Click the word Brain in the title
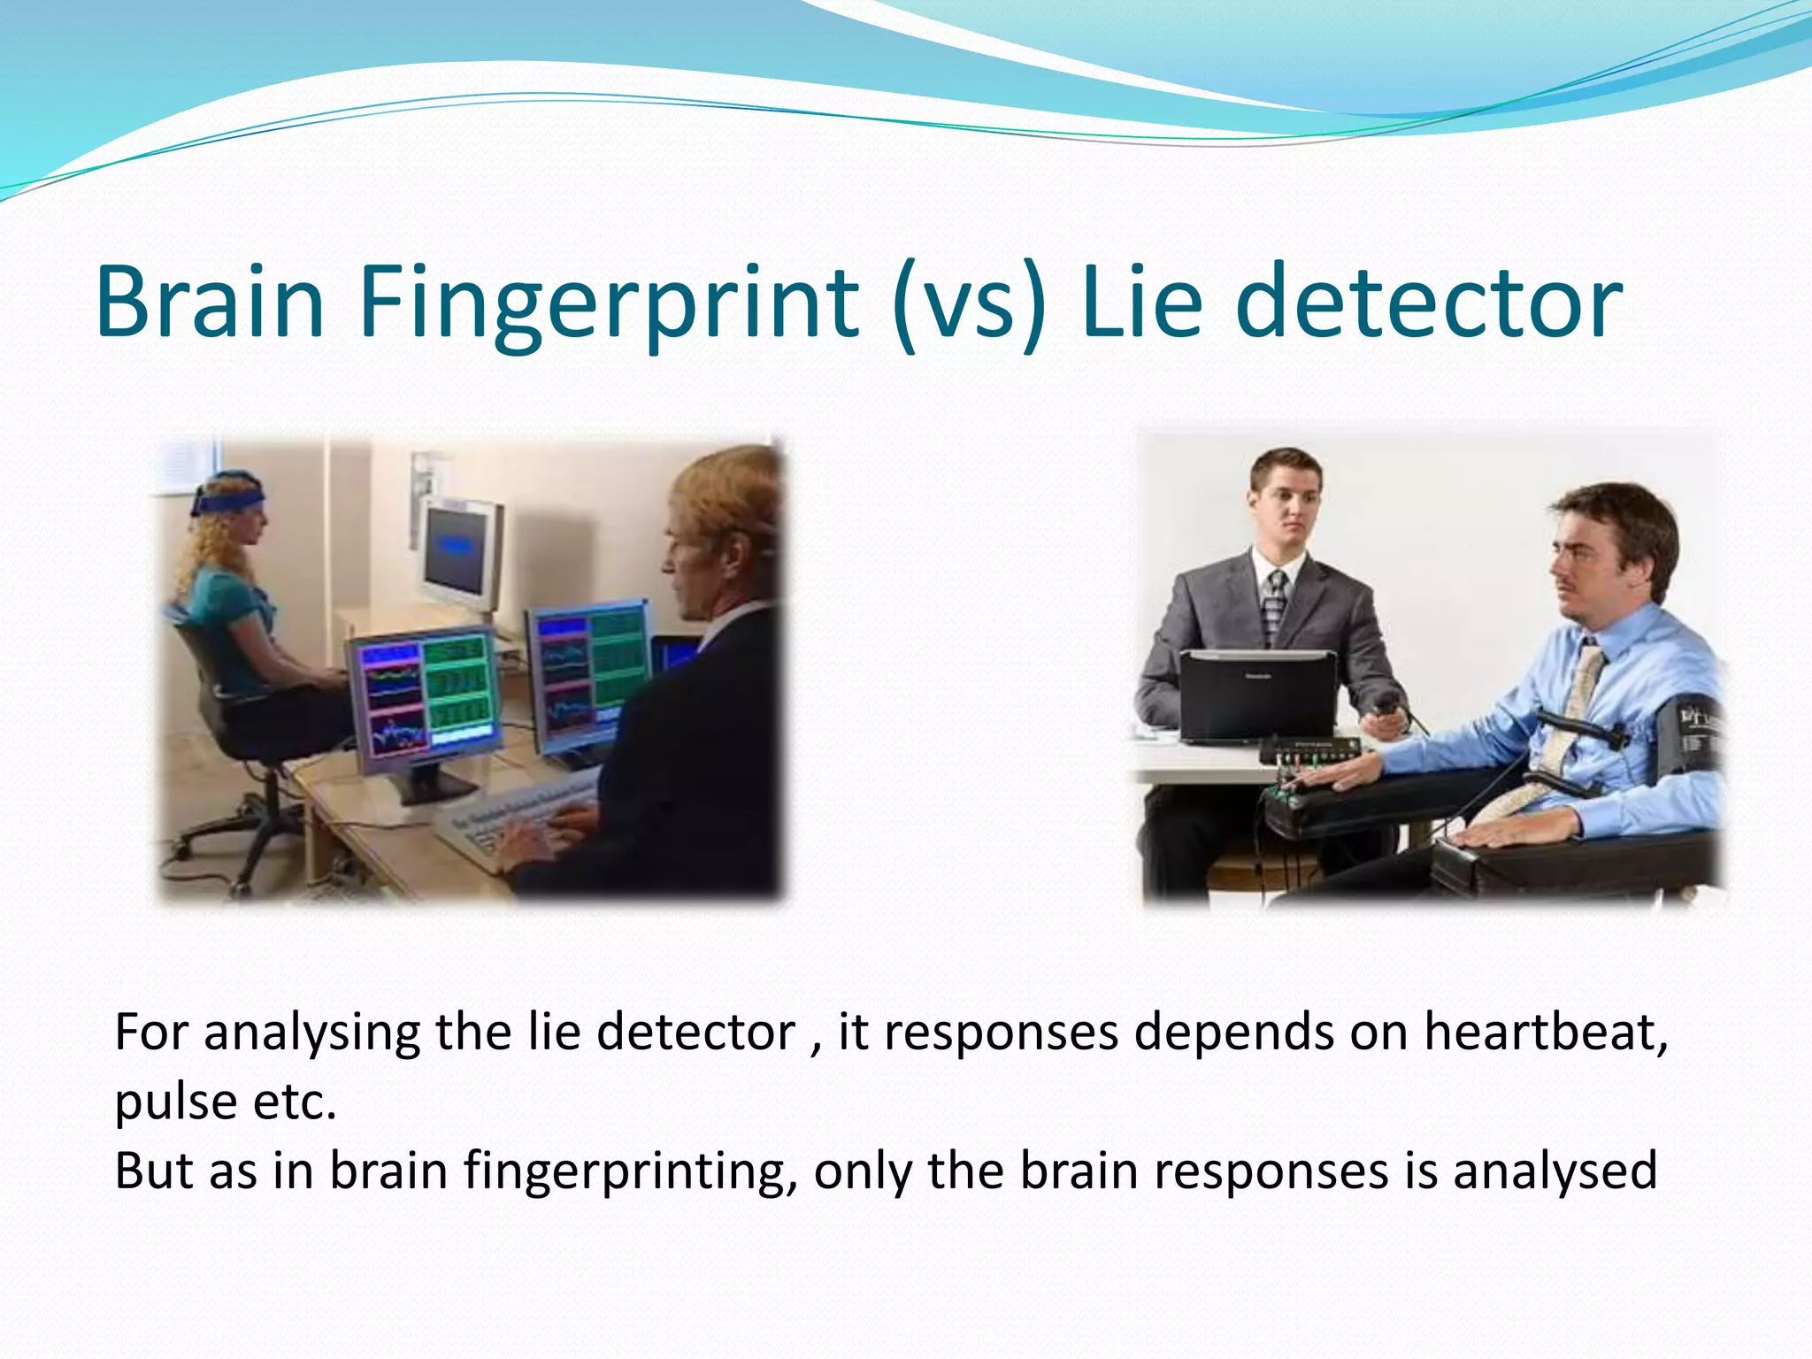[210, 303]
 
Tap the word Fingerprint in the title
[609, 303]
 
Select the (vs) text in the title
[969, 303]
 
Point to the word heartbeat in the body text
[1545, 1032]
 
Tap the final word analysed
[1554, 1171]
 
